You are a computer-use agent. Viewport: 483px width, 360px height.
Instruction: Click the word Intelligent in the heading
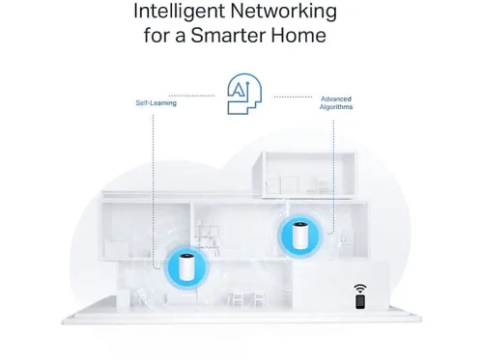[179, 12]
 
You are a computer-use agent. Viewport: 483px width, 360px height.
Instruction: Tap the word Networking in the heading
[284, 12]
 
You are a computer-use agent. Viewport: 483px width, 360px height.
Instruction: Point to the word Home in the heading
[298, 35]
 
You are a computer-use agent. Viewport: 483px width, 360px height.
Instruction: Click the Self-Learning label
[156, 103]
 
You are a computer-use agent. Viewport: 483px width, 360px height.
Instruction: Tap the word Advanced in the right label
[336, 99]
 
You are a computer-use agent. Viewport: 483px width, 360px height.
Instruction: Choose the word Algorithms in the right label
[336, 107]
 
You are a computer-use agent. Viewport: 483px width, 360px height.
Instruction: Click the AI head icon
[244, 94]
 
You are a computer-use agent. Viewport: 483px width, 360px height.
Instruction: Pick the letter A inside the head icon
[238, 90]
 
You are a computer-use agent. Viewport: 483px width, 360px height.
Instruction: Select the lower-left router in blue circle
[186, 267]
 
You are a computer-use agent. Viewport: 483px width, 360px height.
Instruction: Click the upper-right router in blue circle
[299, 235]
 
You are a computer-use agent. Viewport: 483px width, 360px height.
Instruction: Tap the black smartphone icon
[360, 302]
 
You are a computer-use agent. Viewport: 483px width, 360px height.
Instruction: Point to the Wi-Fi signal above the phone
[360, 289]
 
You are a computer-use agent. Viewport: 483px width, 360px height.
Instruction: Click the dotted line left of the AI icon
[191, 96]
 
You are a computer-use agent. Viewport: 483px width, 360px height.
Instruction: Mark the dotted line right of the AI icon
[293, 97]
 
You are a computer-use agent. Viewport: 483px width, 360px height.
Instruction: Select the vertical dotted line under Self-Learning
[153, 190]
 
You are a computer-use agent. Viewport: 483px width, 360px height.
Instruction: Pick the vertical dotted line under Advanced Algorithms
[333, 177]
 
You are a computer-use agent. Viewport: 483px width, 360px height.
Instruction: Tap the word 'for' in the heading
[156, 35]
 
